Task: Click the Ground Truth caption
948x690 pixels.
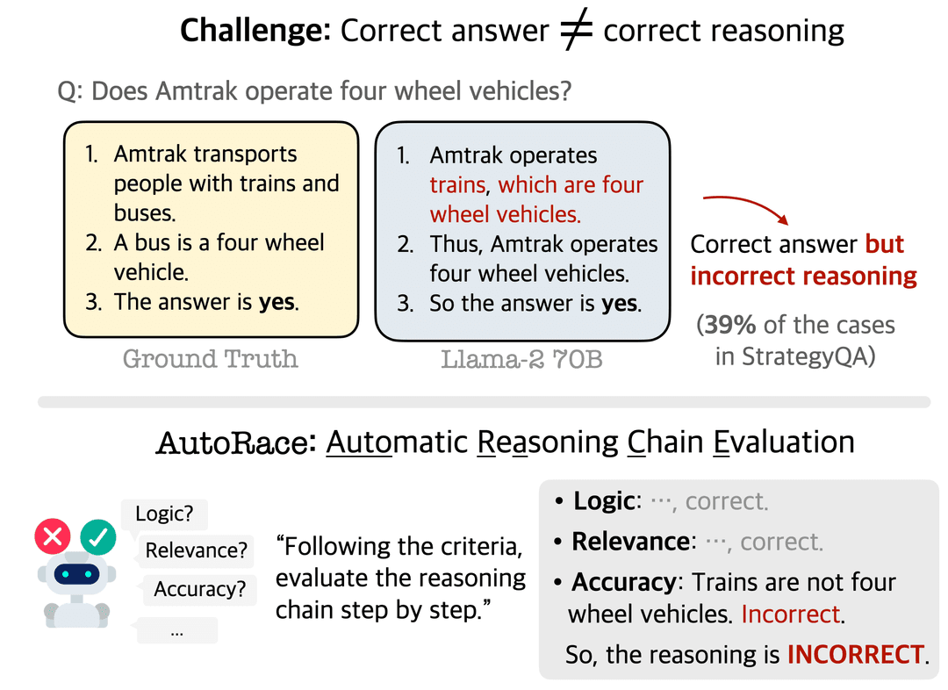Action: tap(211, 358)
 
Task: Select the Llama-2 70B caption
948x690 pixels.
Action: tap(521, 359)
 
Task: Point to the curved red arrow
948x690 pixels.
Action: tap(747, 203)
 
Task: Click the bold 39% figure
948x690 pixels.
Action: tap(729, 325)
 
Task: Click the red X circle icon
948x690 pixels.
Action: tap(53, 536)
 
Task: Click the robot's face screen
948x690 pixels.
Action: tap(76, 573)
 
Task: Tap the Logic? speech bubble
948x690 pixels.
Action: tap(164, 514)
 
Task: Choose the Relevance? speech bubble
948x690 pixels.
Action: tap(196, 551)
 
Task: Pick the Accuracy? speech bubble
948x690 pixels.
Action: tap(199, 589)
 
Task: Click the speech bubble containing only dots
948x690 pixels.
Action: tap(176, 630)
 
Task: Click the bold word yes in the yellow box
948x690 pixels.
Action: tap(276, 302)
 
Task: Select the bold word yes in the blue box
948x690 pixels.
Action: tap(620, 304)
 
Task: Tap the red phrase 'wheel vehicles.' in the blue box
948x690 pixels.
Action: tap(506, 215)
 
